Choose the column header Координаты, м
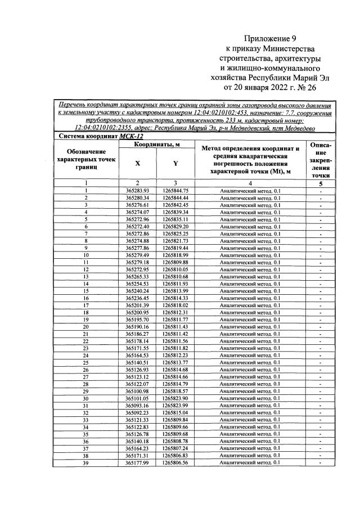tap(156, 145)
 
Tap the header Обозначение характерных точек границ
tap(86, 159)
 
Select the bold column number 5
tap(320, 183)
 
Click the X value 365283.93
tap(137, 191)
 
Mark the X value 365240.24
tap(137, 291)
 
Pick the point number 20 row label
tap(86, 326)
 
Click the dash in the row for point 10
tap(320, 255)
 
